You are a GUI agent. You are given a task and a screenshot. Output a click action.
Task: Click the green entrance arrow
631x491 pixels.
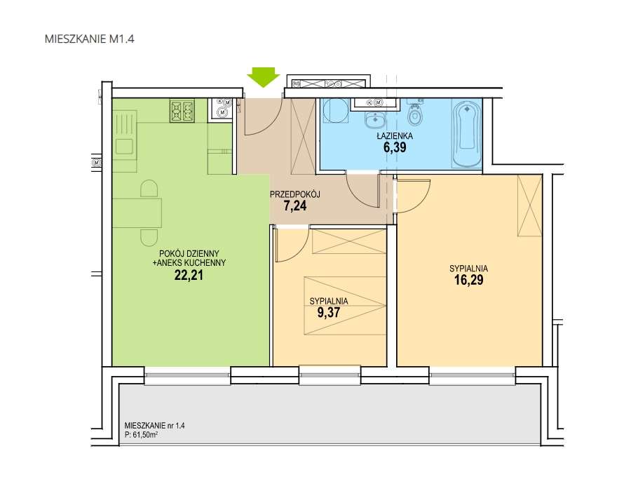point(263,77)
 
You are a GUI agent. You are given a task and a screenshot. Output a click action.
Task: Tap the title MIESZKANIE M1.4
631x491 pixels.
point(89,39)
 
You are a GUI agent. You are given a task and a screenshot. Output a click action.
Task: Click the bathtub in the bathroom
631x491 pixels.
point(466,134)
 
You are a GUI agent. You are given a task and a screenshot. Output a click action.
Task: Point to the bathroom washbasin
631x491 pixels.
point(375,119)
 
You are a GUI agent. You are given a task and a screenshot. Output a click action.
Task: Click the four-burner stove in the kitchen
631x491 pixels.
point(182,111)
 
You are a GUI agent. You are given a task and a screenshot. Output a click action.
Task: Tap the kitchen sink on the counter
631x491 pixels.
point(124,146)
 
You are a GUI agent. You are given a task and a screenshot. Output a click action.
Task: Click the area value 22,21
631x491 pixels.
point(189,275)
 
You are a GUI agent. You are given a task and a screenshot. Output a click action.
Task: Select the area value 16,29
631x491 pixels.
point(468,280)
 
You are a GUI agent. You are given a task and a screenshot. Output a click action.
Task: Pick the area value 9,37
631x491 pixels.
point(329,312)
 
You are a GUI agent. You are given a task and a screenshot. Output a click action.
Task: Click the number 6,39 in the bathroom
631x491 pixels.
point(394,147)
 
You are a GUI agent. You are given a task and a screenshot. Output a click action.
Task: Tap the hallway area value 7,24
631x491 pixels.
point(295,206)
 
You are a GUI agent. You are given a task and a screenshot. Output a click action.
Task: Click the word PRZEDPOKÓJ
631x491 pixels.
point(295,194)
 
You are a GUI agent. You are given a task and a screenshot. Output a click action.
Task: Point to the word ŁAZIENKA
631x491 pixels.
point(394,136)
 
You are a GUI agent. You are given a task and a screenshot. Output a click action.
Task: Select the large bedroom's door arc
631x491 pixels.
point(423,202)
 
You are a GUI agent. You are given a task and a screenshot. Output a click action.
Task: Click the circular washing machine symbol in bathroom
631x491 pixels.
point(335,111)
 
